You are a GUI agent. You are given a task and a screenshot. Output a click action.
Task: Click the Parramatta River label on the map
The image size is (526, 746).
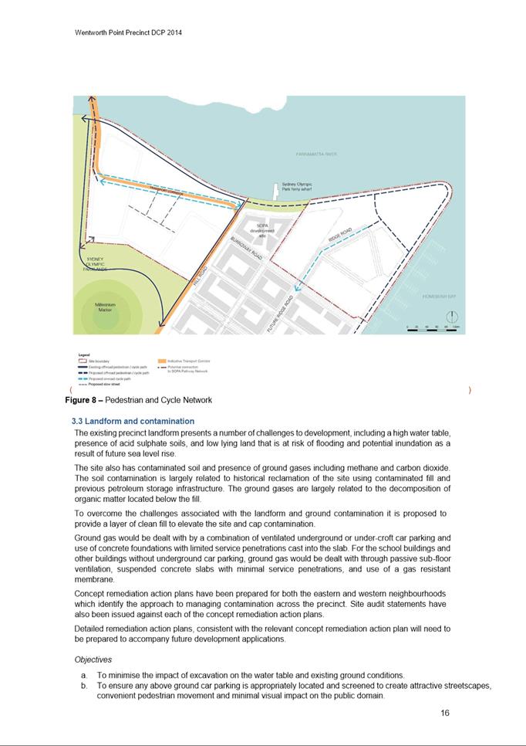tap(316, 154)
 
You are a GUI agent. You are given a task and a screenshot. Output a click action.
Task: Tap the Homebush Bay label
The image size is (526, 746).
tap(440, 296)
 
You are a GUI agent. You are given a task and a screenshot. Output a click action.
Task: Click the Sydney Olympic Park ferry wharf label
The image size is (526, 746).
tap(295, 187)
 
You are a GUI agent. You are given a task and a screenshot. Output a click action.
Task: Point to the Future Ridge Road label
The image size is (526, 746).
tap(280, 314)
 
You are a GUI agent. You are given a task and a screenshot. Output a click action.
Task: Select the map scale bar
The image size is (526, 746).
tap(432, 330)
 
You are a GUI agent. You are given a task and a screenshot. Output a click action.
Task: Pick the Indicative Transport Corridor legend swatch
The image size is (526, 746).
tap(161, 361)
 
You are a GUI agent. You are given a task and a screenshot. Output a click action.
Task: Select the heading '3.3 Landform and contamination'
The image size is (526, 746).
tap(133, 421)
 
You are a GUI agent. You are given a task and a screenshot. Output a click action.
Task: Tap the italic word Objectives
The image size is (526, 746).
tap(93, 660)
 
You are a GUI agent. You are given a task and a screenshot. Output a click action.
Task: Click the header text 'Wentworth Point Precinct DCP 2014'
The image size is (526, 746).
tap(128, 33)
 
